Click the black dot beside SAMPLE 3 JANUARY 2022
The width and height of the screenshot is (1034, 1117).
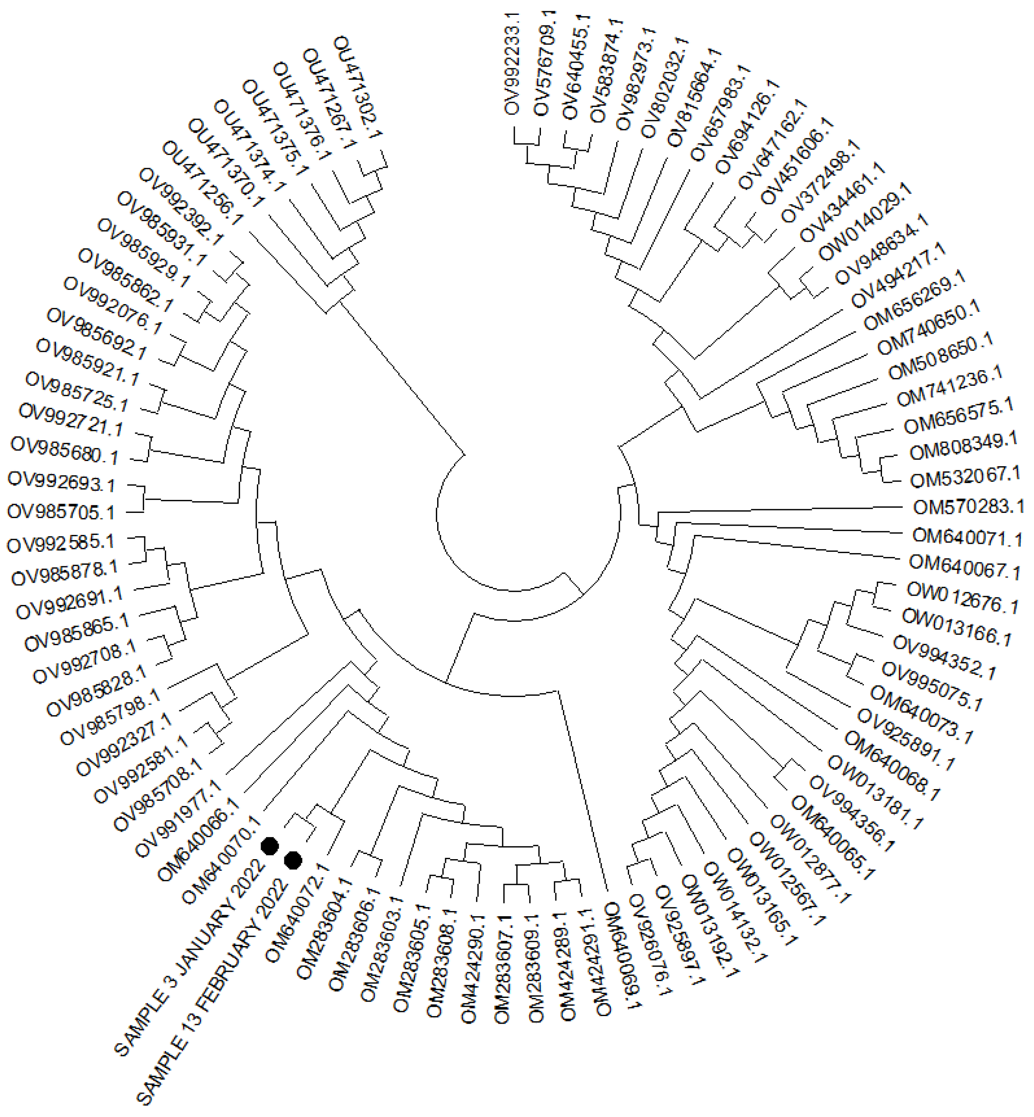point(270,846)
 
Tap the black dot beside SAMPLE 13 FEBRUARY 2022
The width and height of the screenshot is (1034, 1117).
point(293,860)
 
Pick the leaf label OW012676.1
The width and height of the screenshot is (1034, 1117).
point(962,598)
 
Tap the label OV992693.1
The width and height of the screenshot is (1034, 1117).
point(62,482)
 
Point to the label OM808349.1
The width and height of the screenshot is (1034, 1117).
point(963,446)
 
